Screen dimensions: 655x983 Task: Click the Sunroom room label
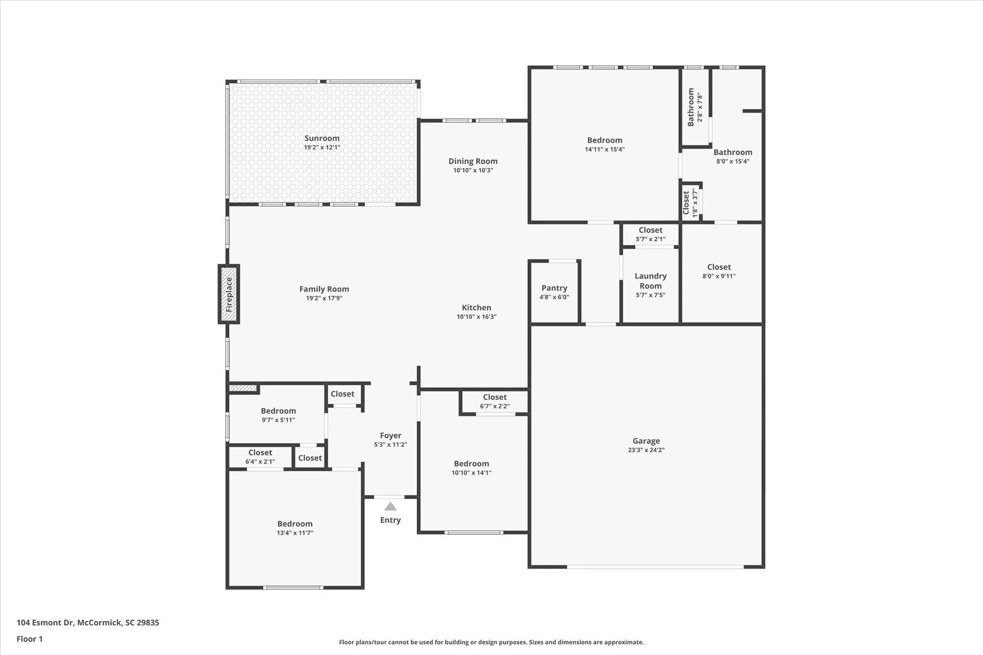(x=322, y=139)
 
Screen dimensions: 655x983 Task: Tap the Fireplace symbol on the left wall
(x=229, y=294)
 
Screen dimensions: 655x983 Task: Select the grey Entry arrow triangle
(x=390, y=507)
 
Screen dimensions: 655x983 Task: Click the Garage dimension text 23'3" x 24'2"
(x=646, y=450)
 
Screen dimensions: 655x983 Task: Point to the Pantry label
(x=554, y=288)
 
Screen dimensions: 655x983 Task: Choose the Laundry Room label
(x=650, y=281)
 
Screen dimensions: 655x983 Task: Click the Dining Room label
(x=473, y=161)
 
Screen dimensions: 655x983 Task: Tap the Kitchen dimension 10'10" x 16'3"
(x=476, y=317)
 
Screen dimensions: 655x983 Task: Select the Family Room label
(x=324, y=289)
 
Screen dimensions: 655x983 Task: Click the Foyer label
(x=390, y=436)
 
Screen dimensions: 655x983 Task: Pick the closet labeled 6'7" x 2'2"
(x=494, y=401)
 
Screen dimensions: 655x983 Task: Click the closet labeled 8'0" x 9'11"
(x=719, y=271)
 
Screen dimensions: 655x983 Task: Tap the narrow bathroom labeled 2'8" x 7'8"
(x=694, y=108)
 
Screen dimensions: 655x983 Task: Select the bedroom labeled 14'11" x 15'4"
(x=605, y=144)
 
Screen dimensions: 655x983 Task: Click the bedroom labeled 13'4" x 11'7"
(x=295, y=528)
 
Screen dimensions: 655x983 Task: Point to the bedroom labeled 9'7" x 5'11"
(x=278, y=415)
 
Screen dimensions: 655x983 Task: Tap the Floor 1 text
(x=29, y=639)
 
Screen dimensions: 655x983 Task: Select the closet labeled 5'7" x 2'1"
(x=650, y=234)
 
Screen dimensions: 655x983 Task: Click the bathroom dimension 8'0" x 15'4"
(x=732, y=162)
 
